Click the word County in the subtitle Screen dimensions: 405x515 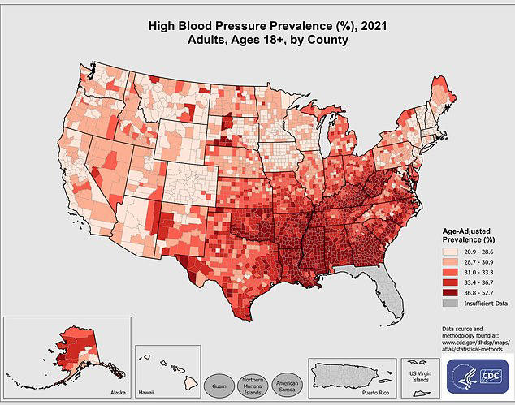tap(327, 40)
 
